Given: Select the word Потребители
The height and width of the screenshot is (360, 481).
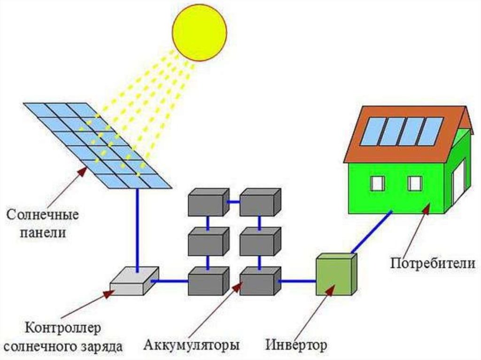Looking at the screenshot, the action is (x=433, y=263).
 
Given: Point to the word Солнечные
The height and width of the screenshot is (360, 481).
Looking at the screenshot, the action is (x=43, y=214).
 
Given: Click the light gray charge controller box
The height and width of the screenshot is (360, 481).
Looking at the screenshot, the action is (x=135, y=281).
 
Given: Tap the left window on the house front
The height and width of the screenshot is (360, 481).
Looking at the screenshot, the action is (x=377, y=184).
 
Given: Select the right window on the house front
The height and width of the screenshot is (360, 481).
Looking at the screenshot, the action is (x=415, y=184).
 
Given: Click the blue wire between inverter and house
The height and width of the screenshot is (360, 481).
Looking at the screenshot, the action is (x=372, y=232).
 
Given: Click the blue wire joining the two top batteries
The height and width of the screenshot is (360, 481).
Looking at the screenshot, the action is (x=234, y=202).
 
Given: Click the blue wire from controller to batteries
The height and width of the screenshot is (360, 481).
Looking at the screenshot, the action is (x=170, y=281).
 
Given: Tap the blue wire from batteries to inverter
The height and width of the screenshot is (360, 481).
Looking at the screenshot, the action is (x=297, y=281).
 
